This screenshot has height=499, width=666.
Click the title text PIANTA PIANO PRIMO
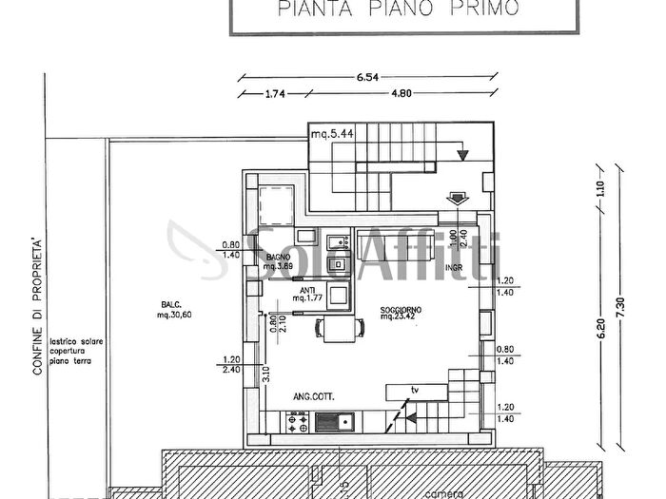(x=399, y=10)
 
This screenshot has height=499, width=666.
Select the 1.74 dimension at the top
(x=276, y=94)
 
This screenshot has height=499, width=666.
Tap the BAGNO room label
(x=278, y=258)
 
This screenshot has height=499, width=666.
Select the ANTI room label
(x=307, y=291)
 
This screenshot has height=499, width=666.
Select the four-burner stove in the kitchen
(x=297, y=419)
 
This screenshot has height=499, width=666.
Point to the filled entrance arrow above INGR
(x=457, y=197)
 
